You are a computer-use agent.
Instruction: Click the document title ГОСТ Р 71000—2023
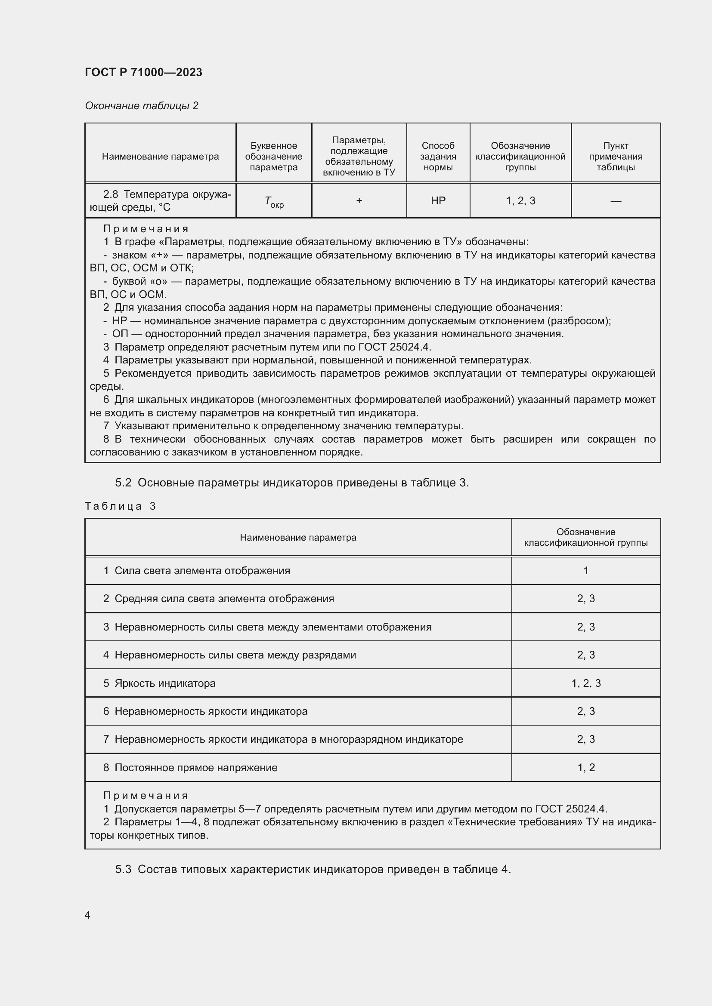(x=143, y=72)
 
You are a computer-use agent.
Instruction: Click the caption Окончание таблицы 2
(x=141, y=106)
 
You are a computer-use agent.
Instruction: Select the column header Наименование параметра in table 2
(x=160, y=157)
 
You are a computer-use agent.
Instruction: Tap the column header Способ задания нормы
(x=437, y=157)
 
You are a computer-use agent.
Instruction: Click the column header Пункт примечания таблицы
(x=615, y=157)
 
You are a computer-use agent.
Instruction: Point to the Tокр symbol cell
(x=274, y=202)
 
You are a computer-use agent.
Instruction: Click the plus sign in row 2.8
(x=359, y=201)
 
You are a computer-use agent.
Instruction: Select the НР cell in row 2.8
(x=437, y=201)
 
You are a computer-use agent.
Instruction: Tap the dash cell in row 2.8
(x=615, y=201)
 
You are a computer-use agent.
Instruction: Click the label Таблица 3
(x=120, y=506)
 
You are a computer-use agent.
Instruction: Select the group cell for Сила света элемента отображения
(x=585, y=570)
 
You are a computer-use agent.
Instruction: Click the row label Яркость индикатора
(x=165, y=683)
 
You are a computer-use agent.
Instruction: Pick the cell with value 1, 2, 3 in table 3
(x=585, y=683)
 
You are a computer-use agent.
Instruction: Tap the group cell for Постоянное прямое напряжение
(x=585, y=767)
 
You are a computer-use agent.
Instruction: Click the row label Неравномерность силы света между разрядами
(x=235, y=655)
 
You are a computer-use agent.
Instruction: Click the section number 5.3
(x=123, y=869)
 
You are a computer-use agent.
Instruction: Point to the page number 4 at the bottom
(x=87, y=915)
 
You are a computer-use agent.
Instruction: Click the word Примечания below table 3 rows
(x=145, y=795)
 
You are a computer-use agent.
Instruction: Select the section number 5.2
(x=123, y=483)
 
